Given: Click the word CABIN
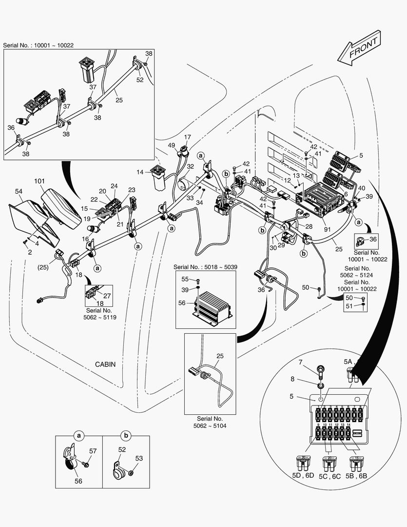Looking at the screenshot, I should pyautogui.click(x=106, y=364).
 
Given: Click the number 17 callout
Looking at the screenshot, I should pyautogui.click(x=188, y=137).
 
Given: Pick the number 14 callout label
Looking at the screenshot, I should pyautogui.click(x=140, y=172).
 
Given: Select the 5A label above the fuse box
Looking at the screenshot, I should pyautogui.click(x=348, y=362).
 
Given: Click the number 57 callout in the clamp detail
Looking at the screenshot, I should pyautogui.click(x=93, y=452).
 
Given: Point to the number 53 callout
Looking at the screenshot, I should pyautogui.click(x=139, y=458).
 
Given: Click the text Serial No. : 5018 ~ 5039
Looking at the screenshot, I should pyautogui.click(x=205, y=267).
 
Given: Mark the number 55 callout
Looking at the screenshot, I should pyautogui.click(x=185, y=279).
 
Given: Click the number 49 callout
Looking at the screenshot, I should pyautogui.click(x=172, y=145).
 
